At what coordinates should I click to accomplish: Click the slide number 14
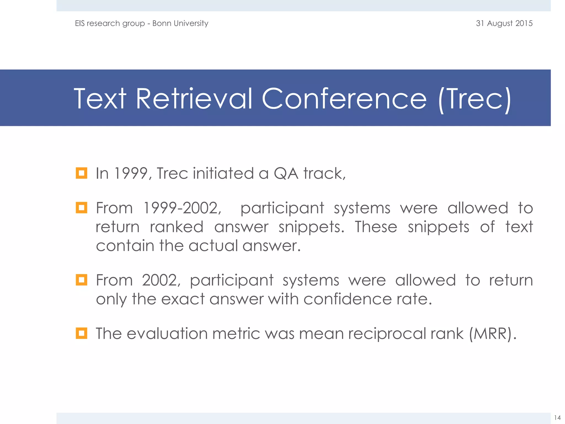click(557, 417)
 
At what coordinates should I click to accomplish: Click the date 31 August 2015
click(504, 23)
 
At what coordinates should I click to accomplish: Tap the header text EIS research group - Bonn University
click(142, 23)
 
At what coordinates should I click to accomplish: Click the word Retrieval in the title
click(194, 99)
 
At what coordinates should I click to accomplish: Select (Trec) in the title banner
click(475, 99)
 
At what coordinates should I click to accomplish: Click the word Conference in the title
click(344, 99)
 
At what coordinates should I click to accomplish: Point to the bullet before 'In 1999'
click(81, 173)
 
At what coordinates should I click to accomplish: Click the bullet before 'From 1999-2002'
click(81, 208)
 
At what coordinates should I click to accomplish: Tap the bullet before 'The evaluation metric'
click(81, 333)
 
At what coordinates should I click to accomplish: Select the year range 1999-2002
click(182, 208)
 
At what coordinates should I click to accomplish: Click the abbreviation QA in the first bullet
click(286, 173)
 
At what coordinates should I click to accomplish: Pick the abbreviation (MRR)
click(492, 334)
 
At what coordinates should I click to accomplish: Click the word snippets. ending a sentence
click(311, 227)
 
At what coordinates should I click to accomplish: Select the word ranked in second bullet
click(177, 227)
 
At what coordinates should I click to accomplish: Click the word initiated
click(223, 173)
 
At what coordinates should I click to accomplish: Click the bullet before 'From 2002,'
click(81, 280)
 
